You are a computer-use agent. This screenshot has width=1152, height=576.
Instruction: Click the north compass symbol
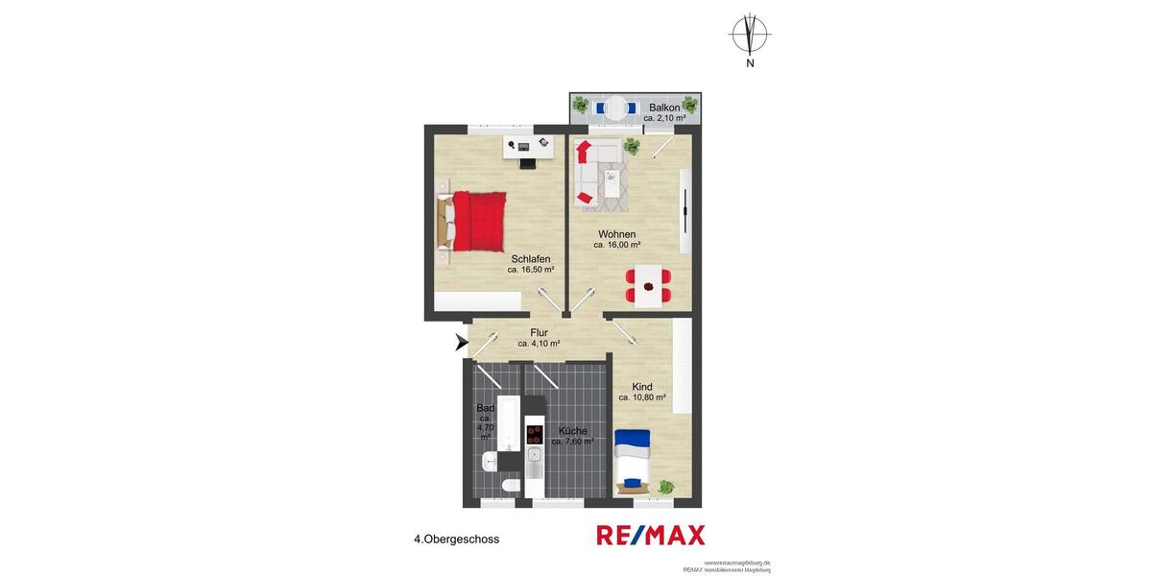(750, 35)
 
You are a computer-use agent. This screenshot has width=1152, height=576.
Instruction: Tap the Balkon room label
(664, 108)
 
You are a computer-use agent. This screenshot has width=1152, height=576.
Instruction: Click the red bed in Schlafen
(476, 220)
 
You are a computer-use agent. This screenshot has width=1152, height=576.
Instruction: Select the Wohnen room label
(616, 234)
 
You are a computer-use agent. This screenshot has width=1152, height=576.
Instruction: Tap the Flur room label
(539, 333)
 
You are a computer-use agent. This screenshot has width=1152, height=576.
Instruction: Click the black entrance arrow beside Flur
(461, 341)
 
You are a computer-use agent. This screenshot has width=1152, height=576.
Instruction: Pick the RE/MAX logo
(651, 536)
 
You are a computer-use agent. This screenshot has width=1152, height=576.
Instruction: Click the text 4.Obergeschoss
(456, 540)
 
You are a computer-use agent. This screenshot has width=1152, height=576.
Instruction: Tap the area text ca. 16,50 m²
(531, 270)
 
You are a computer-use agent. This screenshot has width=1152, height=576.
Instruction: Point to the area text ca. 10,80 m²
(642, 397)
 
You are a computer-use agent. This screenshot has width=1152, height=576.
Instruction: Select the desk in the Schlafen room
(529, 147)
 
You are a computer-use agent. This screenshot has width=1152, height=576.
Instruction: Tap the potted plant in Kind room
(665, 488)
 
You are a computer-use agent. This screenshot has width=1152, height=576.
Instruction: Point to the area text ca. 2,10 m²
(664, 118)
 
